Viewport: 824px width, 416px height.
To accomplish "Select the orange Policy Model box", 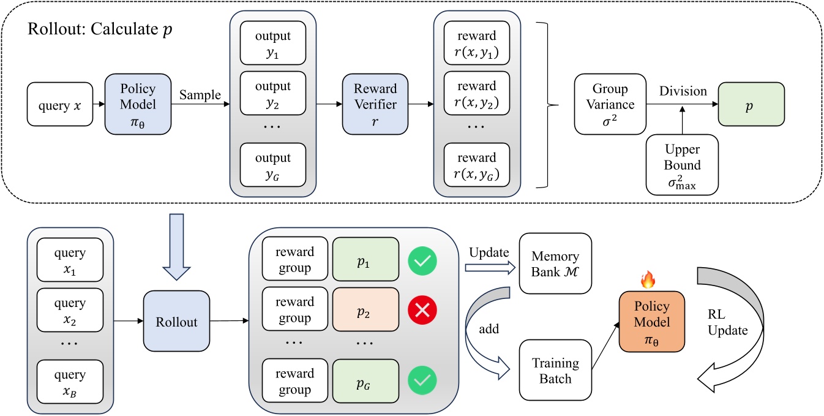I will (x=649, y=322).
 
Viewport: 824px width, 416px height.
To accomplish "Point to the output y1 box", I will (x=273, y=43).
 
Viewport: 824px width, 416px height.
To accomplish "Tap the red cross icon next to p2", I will (x=422, y=312).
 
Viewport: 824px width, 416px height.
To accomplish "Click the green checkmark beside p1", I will (x=422, y=261).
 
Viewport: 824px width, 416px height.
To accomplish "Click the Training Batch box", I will (x=556, y=371).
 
